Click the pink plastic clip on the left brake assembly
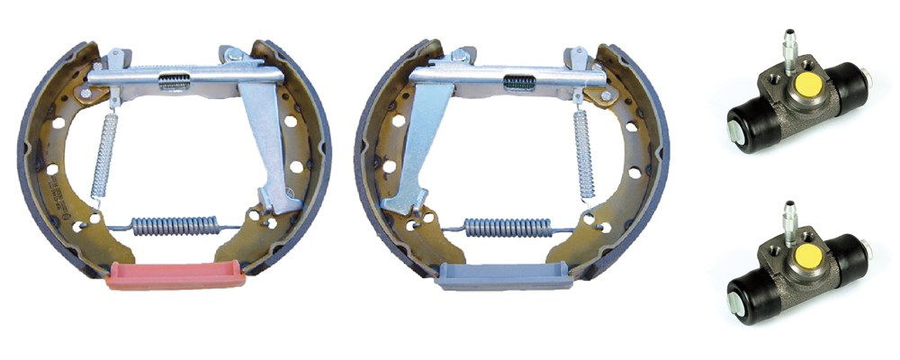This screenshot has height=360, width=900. [175, 276]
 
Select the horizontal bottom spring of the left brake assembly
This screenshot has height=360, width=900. [175, 224]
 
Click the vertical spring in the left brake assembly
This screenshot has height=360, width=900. [105, 154]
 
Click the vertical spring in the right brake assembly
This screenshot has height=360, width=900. [583, 154]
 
